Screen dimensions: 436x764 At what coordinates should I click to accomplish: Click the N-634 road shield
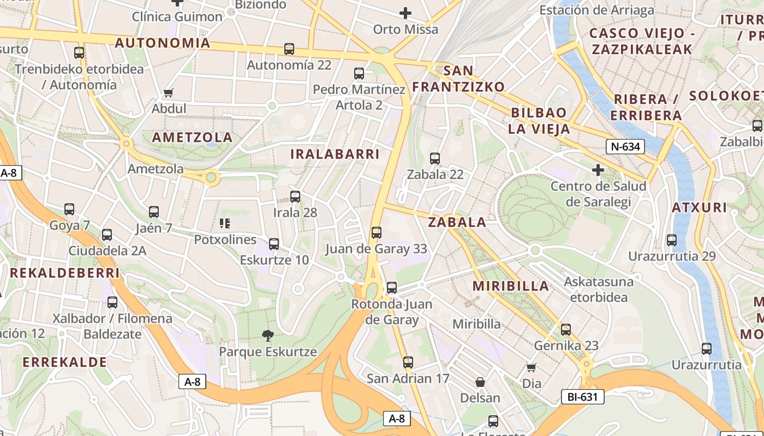pos(625,147)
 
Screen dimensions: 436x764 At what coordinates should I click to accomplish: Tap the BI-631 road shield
pos(582,397)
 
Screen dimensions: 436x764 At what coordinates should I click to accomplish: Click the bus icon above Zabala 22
pos(435,159)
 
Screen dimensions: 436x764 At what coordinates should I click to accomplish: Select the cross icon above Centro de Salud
pos(598,171)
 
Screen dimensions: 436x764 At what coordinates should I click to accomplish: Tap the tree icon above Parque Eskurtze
pos(267,335)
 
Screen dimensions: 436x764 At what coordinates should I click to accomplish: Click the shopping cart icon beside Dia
pos(532,368)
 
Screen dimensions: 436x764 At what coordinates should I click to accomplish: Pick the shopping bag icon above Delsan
pos(480,382)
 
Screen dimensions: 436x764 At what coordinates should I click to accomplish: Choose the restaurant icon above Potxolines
pos(225,223)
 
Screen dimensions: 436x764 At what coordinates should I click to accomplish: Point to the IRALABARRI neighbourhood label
pos(335,154)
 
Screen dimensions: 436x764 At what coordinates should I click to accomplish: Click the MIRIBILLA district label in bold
pos(511,286)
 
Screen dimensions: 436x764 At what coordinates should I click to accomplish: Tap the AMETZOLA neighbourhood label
pos(192,137)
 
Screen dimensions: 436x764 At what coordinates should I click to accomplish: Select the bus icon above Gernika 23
pos(566,330)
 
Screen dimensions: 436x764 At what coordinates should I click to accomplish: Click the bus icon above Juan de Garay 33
pos(376,233)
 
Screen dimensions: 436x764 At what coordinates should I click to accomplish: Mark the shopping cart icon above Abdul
pos(169,93)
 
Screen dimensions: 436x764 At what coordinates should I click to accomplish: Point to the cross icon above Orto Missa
pos(405,13)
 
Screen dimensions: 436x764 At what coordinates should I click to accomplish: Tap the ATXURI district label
pos(699,208)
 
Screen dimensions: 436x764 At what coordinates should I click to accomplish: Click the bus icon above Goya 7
pos(69,209)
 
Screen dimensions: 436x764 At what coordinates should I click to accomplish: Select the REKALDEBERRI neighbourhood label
pos(64,273)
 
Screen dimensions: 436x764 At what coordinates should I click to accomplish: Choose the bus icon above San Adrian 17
pos(408,362)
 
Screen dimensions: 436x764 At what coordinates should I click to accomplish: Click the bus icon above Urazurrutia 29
pos(672,240)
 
